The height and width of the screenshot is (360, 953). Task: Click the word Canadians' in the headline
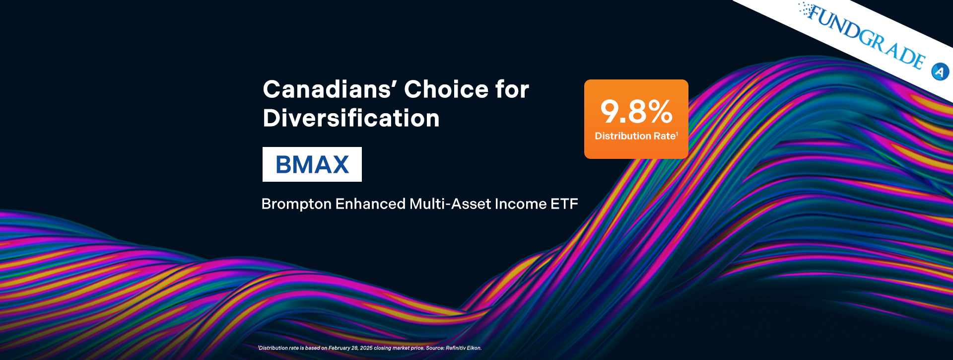coord(330,89)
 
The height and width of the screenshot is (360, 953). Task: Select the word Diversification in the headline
coord(351,118)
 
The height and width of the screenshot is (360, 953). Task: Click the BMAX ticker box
coord(312,164)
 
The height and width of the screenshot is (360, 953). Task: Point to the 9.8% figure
coord(636,111)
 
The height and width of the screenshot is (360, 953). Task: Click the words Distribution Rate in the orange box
coord(635,136)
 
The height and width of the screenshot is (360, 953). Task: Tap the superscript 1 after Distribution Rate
coord(677,134)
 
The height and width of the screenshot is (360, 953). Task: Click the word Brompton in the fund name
coord(296,204)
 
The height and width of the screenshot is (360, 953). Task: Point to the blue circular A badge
coord(940,72)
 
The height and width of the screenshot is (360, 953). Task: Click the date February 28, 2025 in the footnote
coord(350,348)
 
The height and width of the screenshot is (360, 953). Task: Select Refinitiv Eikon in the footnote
coord(464,348)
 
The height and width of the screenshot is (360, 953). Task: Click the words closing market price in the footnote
coord(399,348)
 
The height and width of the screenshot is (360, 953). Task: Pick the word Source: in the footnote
coord(435,348)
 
